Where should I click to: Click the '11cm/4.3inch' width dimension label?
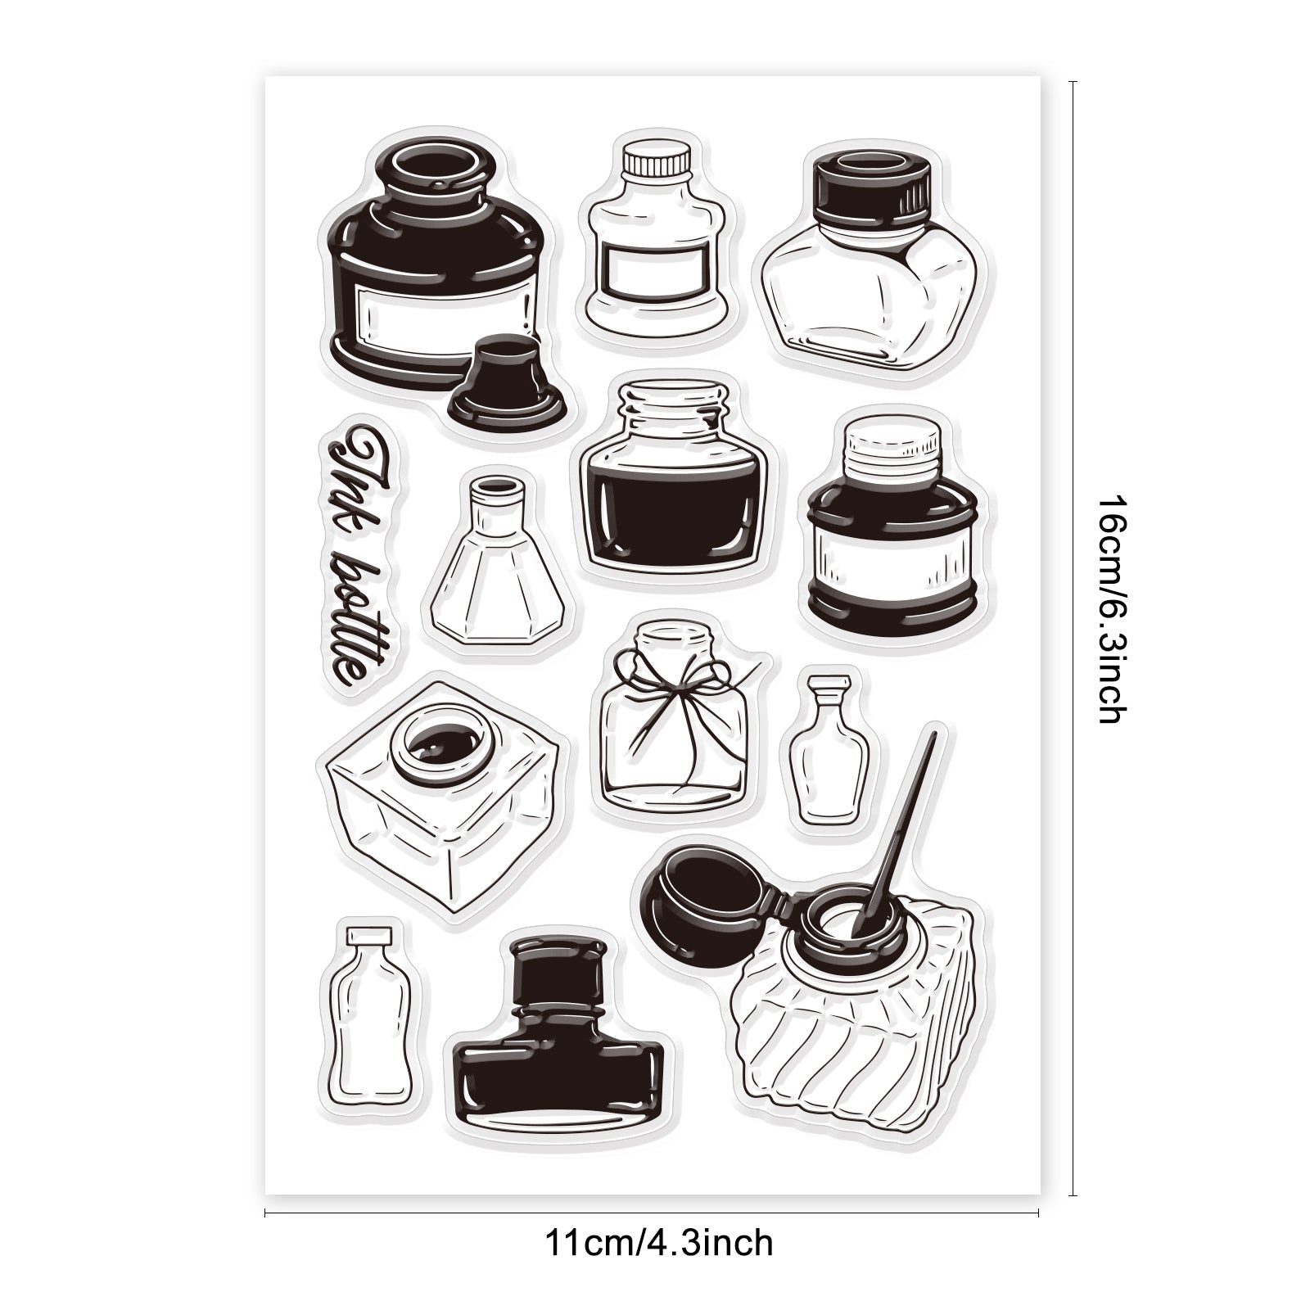coord(658,1244)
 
